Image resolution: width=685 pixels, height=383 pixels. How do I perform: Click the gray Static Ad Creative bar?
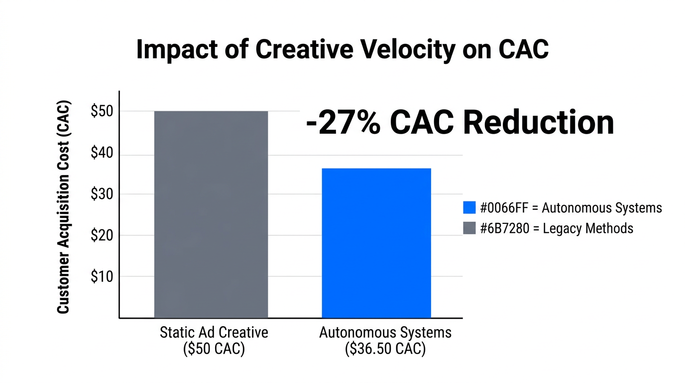tap(211, 214)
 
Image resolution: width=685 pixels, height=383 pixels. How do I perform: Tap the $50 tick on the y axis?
tap(102, 111)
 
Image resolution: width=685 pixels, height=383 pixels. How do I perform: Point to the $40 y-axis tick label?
tap(102, 154)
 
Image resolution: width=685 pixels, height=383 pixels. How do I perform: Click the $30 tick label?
tap(102, 194)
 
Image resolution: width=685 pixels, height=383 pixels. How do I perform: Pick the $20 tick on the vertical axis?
tap(102, 235)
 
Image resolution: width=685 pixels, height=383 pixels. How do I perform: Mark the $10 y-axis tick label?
tap(102, 276)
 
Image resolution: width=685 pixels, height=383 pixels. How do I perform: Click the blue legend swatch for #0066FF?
tap(469, 208)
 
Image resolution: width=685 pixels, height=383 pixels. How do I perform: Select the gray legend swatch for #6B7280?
tap(469, 228)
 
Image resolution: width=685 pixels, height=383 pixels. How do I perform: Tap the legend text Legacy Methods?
tap(588, 228)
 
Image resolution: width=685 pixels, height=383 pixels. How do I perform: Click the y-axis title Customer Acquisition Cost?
tap(63, 207)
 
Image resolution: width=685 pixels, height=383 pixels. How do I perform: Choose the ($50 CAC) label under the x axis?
tap(214, 349)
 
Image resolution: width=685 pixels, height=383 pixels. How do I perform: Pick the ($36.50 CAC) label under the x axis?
tap(385, 349)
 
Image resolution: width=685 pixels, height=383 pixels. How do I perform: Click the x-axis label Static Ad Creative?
tap(214, 333)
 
